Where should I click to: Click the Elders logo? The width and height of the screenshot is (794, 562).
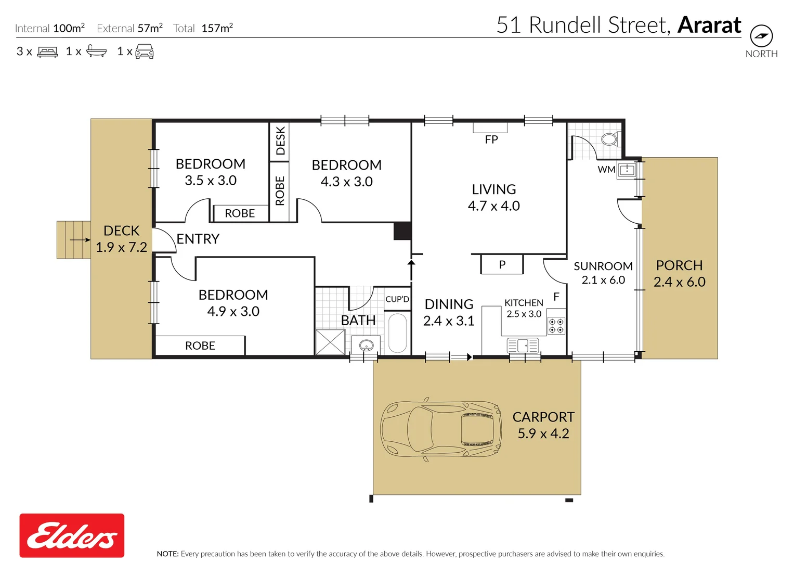tap(72, 535)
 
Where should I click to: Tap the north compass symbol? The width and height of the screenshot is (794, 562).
tap(761, 36)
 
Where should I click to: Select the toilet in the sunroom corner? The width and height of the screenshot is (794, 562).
tap(609, 139)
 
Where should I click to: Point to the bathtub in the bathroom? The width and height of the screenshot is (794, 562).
tap(398, 333)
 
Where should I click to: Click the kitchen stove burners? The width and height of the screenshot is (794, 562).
tap(556, 326)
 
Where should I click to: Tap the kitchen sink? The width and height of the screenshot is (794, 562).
tap(523, 345)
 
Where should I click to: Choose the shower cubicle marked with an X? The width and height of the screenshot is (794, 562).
tap(330, 342)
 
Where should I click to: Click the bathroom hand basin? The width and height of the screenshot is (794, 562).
tap(366, 345)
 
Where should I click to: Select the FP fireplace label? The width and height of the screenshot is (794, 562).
tap(491, 139)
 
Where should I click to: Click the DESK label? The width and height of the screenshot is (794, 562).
tap(280, 140)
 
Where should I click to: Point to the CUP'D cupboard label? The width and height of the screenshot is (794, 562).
tap(397, 299)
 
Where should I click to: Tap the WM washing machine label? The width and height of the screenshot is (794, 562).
tap(606, 169)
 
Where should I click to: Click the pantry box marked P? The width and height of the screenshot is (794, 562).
tap(502, 264)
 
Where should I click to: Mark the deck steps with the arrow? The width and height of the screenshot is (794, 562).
tap(73, 240)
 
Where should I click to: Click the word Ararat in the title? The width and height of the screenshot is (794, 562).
tap(709, 25)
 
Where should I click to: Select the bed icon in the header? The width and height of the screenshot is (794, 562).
tap(48, 52)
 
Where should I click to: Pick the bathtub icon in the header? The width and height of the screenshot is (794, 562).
tap(97, 51)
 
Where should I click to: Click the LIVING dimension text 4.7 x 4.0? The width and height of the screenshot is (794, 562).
tap(493, 206)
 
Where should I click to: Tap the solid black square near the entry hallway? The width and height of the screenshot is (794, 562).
tap(402, 231)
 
